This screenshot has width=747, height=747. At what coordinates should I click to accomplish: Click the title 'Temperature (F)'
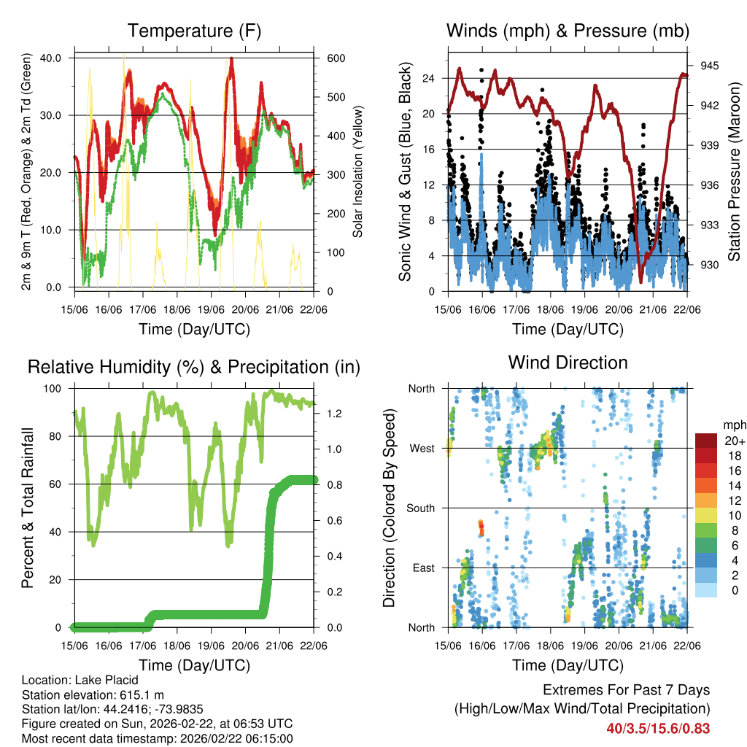point(194,31)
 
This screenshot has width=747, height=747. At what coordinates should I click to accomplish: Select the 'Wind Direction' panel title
point(568,363)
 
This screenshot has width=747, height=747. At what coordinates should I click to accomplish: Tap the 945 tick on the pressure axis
point(709,66)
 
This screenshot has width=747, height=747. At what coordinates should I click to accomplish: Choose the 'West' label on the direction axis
point(422,448)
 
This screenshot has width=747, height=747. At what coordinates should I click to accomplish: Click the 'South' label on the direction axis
point(420,508)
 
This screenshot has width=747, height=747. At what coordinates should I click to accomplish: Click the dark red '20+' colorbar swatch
point(708,441)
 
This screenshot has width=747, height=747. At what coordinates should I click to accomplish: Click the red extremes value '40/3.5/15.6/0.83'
point(658,728)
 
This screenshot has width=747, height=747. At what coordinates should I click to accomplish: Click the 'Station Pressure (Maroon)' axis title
point(734,171)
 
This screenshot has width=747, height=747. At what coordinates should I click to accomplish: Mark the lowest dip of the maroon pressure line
point(640,282)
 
